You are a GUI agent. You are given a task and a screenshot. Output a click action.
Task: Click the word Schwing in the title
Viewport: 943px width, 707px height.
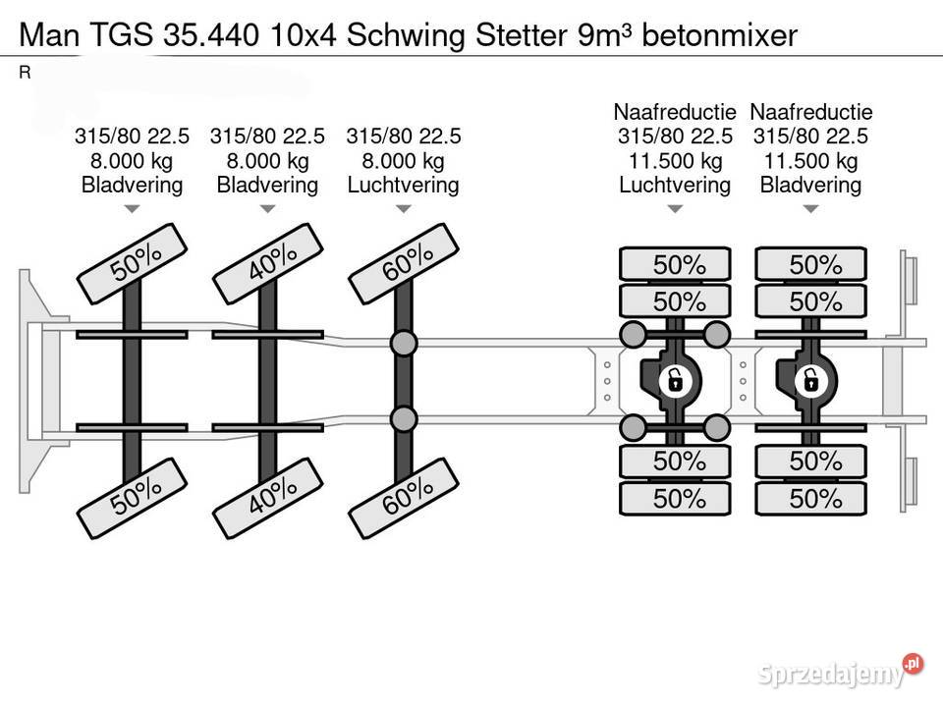(x=406, y=36)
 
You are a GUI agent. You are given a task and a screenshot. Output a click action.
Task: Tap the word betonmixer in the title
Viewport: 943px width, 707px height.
(x=720, y=35)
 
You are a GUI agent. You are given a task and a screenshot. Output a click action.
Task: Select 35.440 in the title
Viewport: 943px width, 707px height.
(x=211, y=35)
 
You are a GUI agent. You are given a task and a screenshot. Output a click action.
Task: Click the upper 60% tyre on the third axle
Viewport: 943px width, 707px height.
(x=404, y=263)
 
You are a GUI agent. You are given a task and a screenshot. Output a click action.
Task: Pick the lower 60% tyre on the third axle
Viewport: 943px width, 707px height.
(x=404, y=498)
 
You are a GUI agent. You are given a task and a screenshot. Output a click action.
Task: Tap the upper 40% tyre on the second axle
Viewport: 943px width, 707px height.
(x=267, y=263)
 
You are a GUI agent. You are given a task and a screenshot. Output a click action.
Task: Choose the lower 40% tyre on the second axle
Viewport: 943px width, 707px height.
(x=267, y=498)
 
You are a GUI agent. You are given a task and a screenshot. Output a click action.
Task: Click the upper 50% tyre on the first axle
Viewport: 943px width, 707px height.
(x=132, y=263)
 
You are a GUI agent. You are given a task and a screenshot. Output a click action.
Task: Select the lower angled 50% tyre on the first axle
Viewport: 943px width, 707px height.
(x=132, y=498)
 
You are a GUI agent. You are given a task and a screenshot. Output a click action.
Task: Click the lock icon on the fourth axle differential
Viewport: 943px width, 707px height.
(x=676, y=381)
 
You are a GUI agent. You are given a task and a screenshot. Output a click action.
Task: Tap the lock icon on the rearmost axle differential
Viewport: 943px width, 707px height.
(x=810, y=381)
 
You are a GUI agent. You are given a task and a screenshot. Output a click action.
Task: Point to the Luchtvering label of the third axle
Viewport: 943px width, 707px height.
(x=404, y=185)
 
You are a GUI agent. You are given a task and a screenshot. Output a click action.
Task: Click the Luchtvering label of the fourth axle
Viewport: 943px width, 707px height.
(x=675, y=185)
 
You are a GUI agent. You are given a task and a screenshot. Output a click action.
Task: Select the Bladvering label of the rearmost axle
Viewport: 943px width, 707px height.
(x=810, y=185)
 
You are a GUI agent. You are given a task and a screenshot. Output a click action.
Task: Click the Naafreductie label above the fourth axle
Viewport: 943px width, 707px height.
(x=675, y=112)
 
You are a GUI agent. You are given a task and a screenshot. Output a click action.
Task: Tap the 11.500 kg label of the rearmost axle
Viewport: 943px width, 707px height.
(x=810, y=160)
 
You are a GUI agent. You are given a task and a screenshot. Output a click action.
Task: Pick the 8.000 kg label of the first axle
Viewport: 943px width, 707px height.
(x=132, y=160)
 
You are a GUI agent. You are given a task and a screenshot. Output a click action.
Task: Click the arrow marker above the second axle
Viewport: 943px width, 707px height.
(x=267, y=208)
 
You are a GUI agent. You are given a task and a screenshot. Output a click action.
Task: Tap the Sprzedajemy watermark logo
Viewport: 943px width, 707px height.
(x=840, y=671)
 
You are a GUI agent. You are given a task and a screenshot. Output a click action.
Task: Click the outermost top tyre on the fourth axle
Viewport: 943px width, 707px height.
(x=675, y=264)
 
